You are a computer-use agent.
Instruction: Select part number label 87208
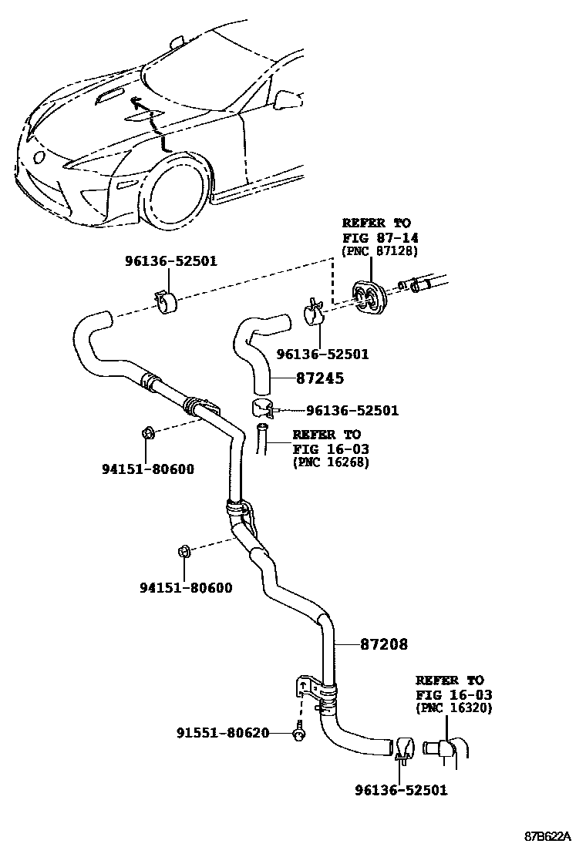[383, 644]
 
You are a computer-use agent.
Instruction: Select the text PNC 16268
[331, 462]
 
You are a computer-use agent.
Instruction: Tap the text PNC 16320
[454, 708]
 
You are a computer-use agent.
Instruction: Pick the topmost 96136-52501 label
[170, 261]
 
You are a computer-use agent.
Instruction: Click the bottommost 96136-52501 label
[400, 790]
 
